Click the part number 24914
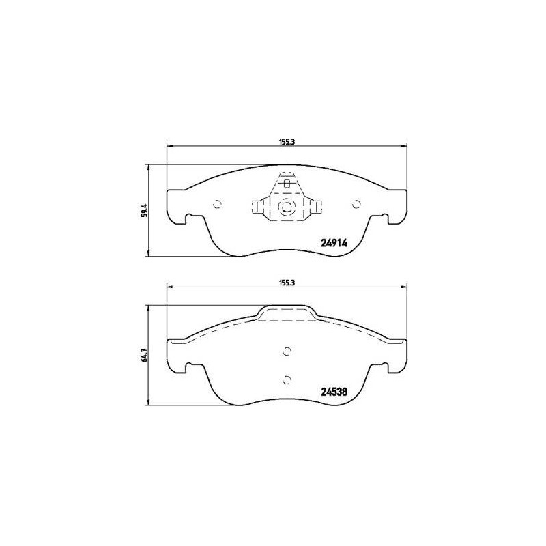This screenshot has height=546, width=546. pos(334,244)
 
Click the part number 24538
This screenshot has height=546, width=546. pos(334,392)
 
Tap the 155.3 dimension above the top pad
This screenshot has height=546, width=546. pos(287,142)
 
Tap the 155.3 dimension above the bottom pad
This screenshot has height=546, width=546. pos(287,283)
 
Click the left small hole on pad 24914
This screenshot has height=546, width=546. pos(217,204)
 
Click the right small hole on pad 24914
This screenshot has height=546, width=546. pos(356,204)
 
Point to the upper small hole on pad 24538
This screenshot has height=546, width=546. pos(287,351)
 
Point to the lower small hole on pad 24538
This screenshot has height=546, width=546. pos(287,380)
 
